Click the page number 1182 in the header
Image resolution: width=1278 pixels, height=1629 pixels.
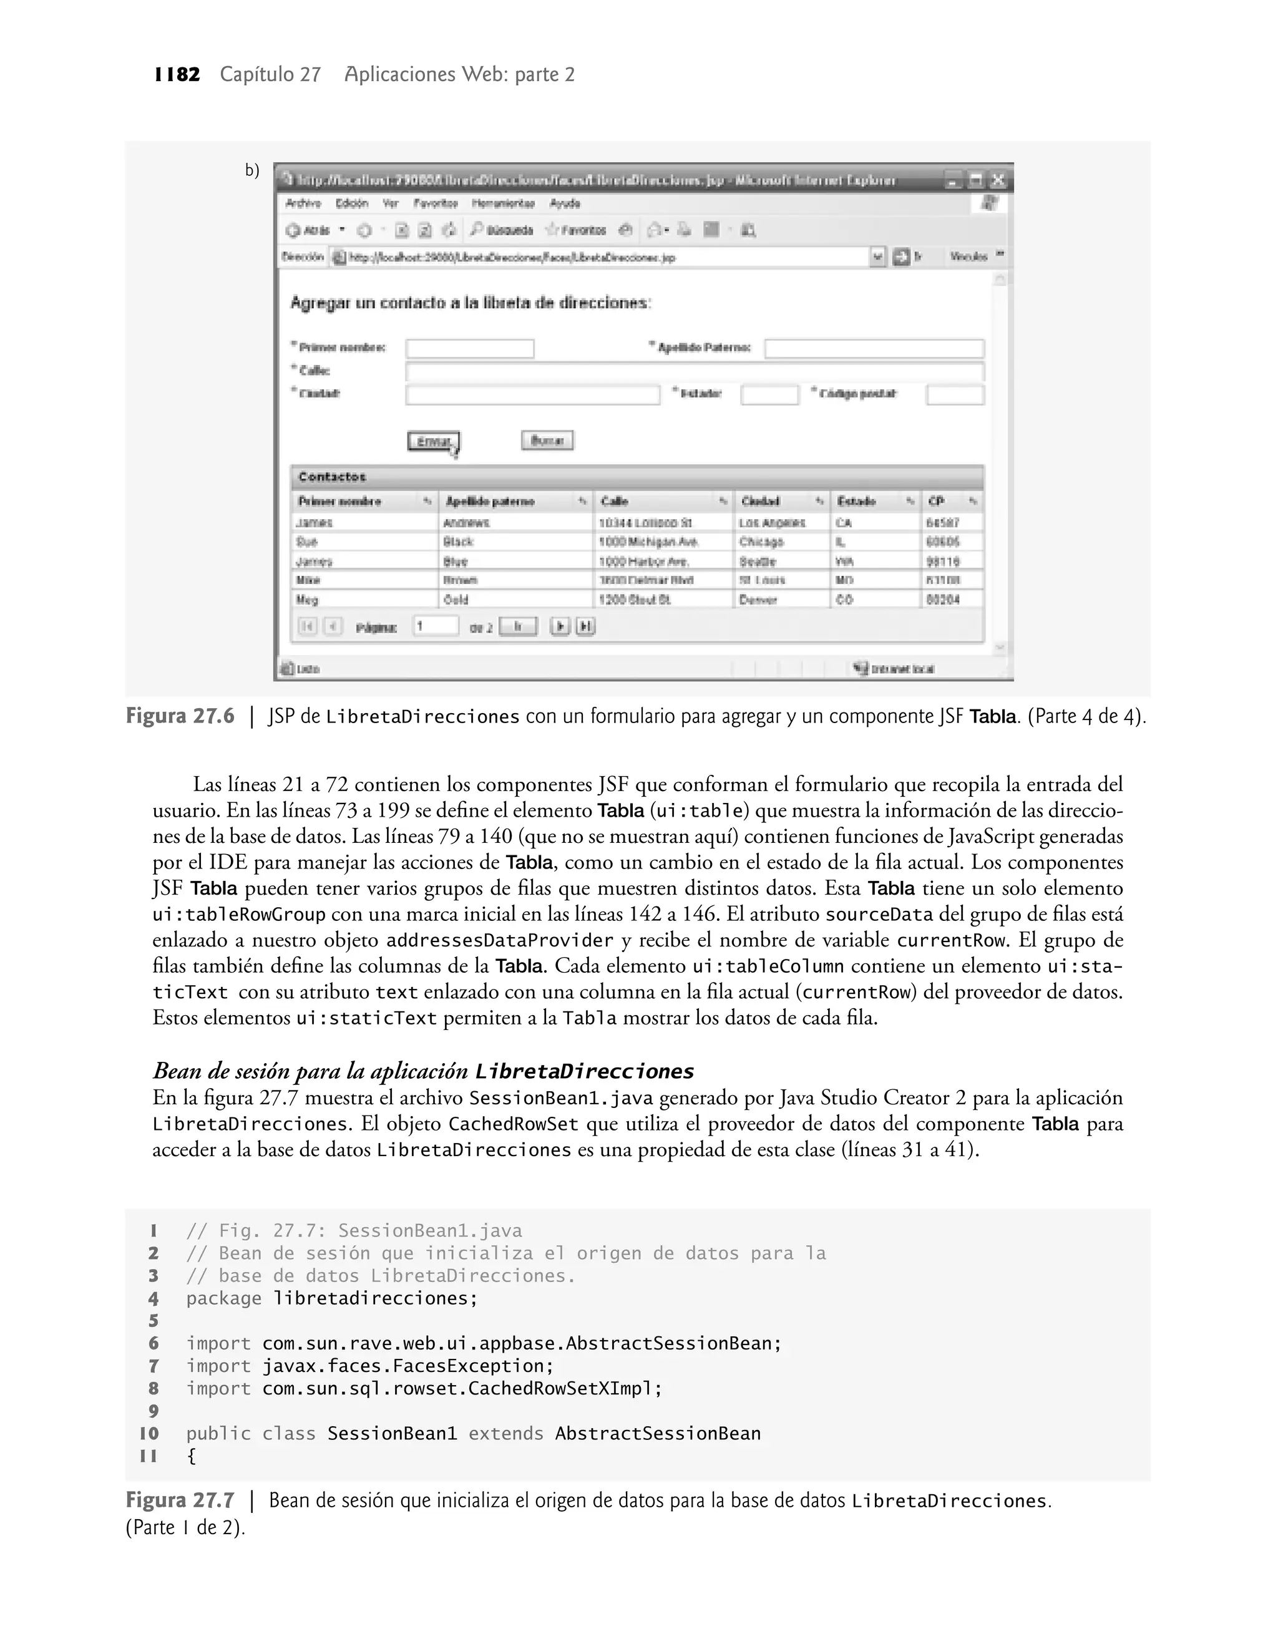177,75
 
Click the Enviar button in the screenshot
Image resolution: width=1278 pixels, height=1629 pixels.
433,441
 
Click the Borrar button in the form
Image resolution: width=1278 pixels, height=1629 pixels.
547,440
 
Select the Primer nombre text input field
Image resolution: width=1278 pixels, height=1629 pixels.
470,349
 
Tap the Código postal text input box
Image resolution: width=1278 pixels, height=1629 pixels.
955,395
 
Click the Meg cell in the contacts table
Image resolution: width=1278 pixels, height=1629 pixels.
308,600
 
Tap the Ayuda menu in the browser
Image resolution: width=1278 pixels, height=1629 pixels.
565,203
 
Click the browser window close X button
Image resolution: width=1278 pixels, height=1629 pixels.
997,180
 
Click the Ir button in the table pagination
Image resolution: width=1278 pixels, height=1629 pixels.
518,627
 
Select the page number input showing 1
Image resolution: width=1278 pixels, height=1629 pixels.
436,626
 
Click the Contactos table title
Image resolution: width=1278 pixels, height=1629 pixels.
332,477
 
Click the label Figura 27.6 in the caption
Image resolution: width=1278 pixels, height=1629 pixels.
180,716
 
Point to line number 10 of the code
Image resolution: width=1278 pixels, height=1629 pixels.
150,1434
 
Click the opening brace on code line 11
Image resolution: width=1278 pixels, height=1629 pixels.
192,1456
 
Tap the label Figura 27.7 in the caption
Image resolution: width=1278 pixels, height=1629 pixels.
180,1501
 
